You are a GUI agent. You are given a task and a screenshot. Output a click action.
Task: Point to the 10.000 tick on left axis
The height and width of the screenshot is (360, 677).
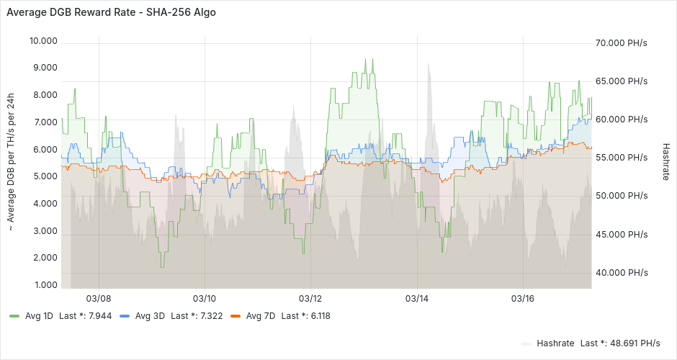[x=43, y=40]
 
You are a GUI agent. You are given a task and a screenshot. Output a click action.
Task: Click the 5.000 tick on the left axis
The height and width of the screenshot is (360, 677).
[x=45, y=176]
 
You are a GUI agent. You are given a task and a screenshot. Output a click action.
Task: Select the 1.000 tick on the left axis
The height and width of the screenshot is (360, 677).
[x=45, y=285]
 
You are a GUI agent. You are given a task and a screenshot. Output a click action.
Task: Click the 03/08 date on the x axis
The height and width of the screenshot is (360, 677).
[x=99, y=298]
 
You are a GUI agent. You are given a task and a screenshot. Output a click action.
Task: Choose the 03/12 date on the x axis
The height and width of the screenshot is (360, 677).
[x=310, y=298]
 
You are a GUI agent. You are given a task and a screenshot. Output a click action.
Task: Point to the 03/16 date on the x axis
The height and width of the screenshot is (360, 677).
[x=522, y=298]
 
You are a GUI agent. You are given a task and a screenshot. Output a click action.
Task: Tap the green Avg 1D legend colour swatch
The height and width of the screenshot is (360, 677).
[x=14, y=316]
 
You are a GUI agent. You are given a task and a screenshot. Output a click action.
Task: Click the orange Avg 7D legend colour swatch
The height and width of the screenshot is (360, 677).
[x=235, y=316]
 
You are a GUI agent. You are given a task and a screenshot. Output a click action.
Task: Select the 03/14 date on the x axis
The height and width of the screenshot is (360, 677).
[x=417, y=298]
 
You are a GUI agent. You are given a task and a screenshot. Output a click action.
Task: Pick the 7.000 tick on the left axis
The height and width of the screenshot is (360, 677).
[x=45, y=122]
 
